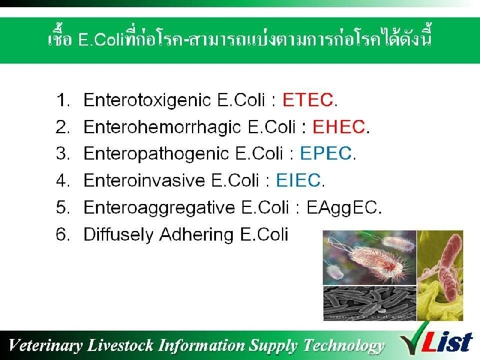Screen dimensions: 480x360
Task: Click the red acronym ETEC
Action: (x=308, y=100)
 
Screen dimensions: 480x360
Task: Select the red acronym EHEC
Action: (x=338, y=127)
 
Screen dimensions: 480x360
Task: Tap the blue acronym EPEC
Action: (x=326, y=154)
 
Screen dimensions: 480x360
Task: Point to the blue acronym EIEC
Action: (x=298, y=180)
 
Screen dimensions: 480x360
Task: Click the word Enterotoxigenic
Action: (x=147, y=100)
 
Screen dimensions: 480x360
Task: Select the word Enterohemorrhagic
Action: (x=162, y=127)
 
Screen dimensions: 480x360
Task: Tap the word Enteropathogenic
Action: (x=156, y=154)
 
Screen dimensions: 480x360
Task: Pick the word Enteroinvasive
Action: (x=144, y=180)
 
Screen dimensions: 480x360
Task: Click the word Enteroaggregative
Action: (x=159, y=208)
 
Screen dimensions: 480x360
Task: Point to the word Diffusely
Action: (x=118, y=235)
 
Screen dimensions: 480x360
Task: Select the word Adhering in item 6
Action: (x=196, y=235)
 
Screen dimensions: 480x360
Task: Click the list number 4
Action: (x=62, y=180)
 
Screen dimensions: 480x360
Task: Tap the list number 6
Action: (x=62, y=234)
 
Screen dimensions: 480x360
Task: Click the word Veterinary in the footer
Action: (x=46, y=346)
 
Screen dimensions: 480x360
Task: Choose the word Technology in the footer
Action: (x=344, y=346)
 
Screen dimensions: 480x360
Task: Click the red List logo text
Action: (x=448, y=342)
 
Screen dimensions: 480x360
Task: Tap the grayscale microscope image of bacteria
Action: (x=370, y=304)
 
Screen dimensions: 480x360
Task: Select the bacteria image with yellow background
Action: (x=440, y=275)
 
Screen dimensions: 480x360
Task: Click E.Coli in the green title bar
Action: (x=101, y=40)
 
